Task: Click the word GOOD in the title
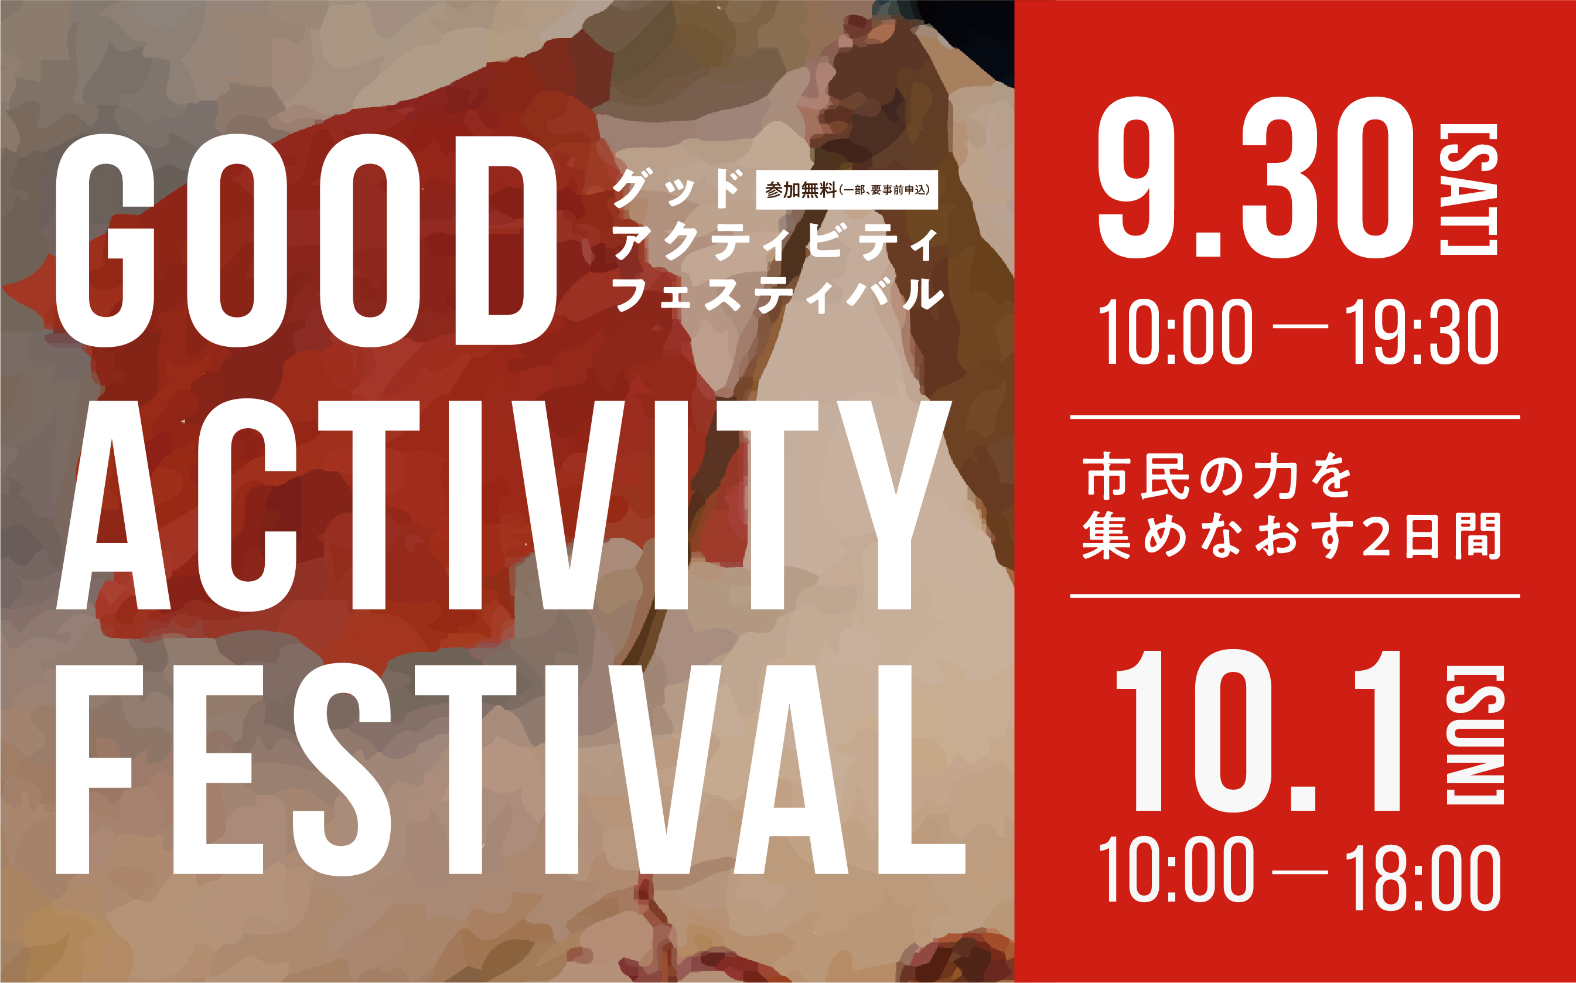pos(306,241)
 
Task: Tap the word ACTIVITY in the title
pos(504,505)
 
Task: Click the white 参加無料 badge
pos(847,190)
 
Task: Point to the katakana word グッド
pos(677,189)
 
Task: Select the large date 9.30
pos(1256,177)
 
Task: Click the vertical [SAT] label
pos(1468,189)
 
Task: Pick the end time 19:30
pos(1421,332)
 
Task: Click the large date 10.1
pos(1257,730)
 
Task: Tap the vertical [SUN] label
pos(1475,735)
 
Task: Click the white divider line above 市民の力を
pos(1294,417)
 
